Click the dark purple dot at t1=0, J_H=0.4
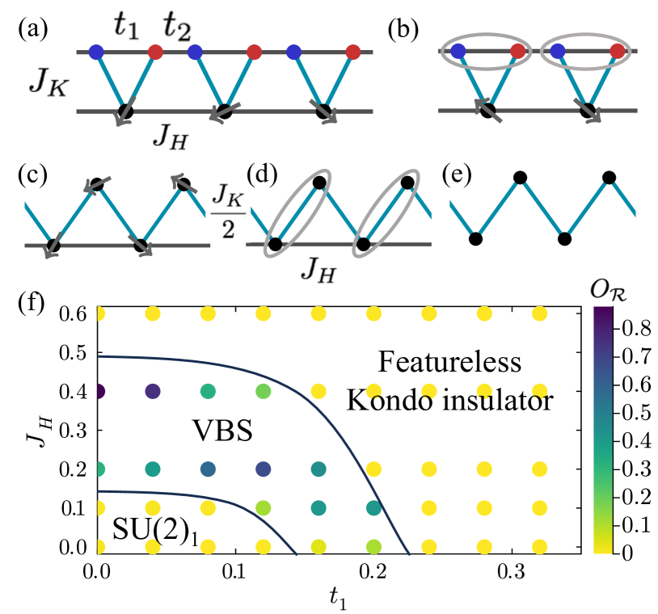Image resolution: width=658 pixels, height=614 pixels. pos(98,392)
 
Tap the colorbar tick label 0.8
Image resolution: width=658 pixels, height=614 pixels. pos(619,330)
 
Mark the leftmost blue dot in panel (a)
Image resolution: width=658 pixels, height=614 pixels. pos(96,53)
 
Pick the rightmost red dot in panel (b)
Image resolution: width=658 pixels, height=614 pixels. pos(618,53)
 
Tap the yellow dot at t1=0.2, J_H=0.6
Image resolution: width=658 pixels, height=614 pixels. pos(373,313)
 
